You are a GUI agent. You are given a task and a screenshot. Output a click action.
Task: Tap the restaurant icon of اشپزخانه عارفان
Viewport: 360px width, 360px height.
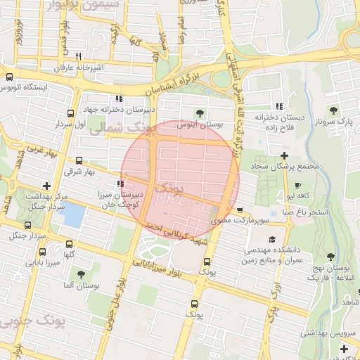point(79,56)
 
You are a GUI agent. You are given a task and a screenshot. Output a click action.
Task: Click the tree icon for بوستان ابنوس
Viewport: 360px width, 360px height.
point(200,112)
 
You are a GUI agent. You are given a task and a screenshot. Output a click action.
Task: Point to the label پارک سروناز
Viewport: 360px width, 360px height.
point(333,122)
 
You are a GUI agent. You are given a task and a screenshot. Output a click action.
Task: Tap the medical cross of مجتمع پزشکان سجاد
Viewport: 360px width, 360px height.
point(284,155)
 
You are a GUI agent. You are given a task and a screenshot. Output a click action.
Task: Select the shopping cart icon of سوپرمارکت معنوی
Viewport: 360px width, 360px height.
point(240,209)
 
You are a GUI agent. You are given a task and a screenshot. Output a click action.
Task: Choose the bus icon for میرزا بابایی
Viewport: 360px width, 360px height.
point(42,252)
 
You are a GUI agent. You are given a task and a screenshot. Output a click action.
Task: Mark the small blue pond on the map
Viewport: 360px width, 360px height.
point(72,214)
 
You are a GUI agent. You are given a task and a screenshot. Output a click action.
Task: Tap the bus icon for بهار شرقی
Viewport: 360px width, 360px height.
point(78,160)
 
